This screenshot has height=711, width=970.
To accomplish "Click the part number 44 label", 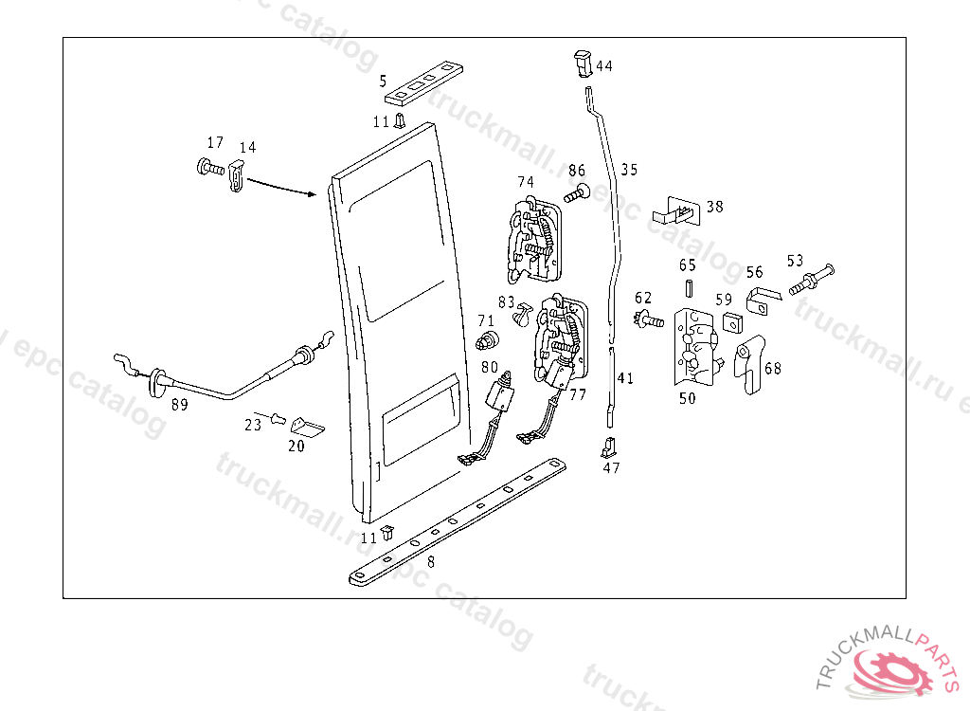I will click(x=604, y=66).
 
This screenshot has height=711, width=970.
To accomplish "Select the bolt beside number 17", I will click(x=210, y=169).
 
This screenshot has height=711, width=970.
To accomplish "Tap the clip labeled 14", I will click(x=238, y=174).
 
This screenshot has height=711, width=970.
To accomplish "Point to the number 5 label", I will click(x=383, y=81).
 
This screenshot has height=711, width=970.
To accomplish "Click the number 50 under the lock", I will click(x=687, y=399).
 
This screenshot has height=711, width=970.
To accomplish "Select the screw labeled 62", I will click(x=648, y=320).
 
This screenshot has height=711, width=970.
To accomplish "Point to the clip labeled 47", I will click(x=610, y=447).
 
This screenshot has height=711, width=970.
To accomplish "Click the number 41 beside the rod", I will click(x=624, y=378).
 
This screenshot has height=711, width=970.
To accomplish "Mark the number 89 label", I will click(x=179, y=405).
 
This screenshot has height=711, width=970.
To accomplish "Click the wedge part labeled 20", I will click(x=306, y=426).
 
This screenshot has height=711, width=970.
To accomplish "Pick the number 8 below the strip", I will click(x=431, y=561).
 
